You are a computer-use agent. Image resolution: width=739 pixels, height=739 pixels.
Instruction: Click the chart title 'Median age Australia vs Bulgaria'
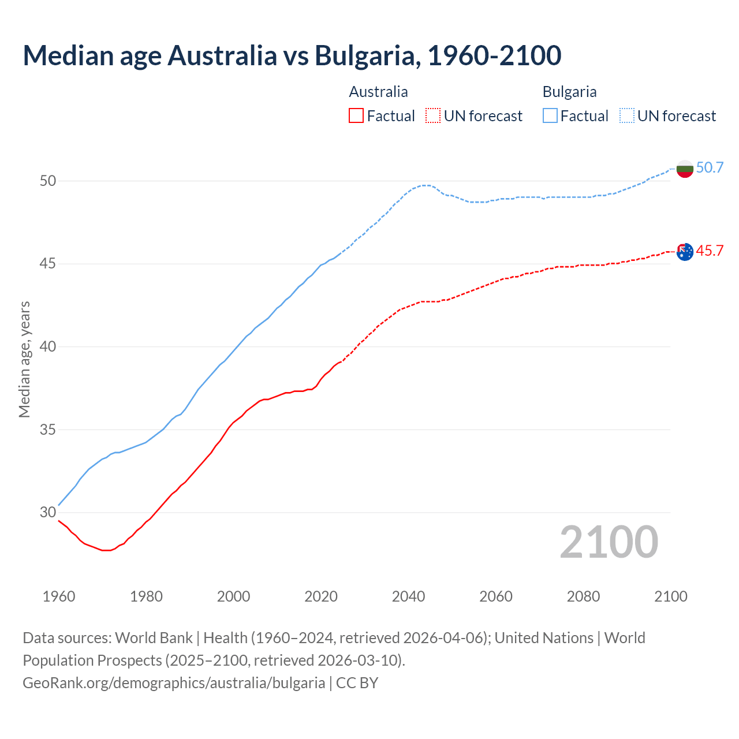tap(292, 55)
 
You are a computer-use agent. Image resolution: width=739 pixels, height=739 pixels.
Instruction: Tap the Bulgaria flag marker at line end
tap(685, 169)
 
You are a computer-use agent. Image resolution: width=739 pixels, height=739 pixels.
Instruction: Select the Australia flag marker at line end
tap(685, 252)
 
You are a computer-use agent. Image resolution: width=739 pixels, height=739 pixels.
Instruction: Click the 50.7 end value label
tap(710, 167)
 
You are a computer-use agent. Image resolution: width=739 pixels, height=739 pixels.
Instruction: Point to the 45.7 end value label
tap(710, 251)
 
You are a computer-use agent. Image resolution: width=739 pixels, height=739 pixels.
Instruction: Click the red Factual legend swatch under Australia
tap(356, 116)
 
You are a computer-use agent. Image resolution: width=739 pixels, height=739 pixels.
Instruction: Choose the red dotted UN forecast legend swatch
tap(433, 116)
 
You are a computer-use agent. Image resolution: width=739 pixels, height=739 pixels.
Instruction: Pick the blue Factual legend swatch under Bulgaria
tap(550, 116)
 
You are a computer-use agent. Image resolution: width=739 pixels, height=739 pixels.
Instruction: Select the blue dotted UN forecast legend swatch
tap(627, 116)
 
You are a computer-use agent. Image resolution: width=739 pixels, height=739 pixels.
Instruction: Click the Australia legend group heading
tap(378, 92)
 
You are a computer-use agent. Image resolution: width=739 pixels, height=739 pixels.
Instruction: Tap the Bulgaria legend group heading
tap(569, 92)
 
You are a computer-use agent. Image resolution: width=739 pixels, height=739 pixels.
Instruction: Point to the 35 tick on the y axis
tap(48, 430)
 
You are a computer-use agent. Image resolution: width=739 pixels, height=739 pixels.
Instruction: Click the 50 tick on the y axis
tap(48, 181)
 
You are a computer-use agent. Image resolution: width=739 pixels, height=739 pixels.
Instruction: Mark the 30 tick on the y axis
tap(48, 513)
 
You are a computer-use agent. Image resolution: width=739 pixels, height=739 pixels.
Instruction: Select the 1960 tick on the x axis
tap(59, 596)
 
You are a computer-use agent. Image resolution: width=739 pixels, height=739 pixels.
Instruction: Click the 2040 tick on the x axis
tap(408, 596)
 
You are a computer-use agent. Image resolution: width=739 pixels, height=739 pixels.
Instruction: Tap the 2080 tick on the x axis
tap(583, 596)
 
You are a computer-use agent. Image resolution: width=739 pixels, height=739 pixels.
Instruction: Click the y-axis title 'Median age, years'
tap(24, 359)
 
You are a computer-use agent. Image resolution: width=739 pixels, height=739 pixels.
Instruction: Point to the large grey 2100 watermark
tap(609, 542)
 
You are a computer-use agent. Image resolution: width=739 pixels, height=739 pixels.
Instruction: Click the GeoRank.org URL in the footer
tap(174, 683)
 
